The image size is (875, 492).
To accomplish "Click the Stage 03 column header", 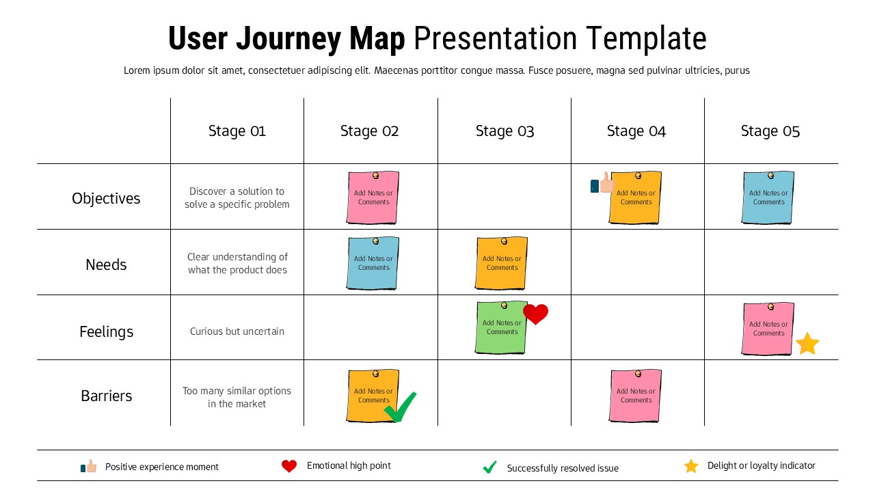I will coord(504,131).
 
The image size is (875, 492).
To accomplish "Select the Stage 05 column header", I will coord(770,131).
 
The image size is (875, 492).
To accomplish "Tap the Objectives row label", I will coord(106,198).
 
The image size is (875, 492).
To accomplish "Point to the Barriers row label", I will coord(106,396).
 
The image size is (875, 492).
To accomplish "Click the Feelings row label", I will coord(106,331).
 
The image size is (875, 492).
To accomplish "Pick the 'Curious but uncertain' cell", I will coord(237,331).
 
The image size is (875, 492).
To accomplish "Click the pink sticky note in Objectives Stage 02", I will coord(373,198).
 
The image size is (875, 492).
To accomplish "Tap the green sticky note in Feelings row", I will coord(501,328).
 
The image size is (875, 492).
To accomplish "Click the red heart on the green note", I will coord(535,314).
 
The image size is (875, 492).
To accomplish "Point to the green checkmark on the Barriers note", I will coord(401,407).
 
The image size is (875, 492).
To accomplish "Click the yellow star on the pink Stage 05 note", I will coord(807,344).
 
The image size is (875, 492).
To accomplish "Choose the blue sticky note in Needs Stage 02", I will coord(373,264).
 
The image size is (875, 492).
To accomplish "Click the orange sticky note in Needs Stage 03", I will coord(501,264).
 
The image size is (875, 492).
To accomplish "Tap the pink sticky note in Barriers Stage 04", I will coord(635,396).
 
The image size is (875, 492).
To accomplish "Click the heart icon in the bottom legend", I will coord(289,466).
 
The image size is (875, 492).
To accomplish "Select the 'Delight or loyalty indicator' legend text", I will coord(761,465).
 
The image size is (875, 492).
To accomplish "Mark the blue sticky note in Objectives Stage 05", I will coord(768,198).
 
